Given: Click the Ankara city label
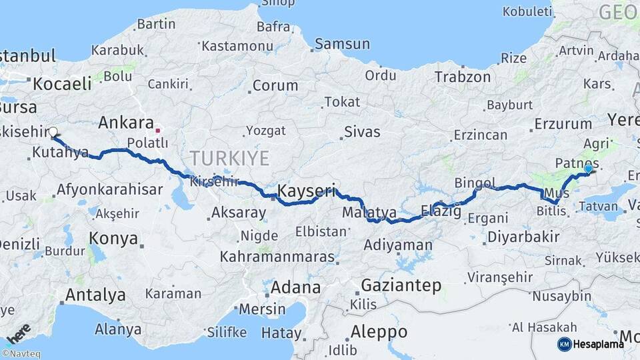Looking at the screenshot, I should (x=126, y=122).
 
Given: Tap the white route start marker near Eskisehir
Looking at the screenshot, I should (x=53, y=132).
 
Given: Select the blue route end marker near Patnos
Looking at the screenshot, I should (x=588, y=169).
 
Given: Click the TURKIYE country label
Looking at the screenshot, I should (x=229, y=158).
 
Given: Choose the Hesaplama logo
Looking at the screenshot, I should (x=591, y=344).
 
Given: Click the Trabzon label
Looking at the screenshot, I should (x=463, y=77).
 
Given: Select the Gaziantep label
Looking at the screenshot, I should (x=401, y=285).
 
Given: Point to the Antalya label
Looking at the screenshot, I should (x=95, y=295).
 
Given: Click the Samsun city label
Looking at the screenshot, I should (x=342, y=44).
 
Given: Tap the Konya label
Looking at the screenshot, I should (x=113, y=239).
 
